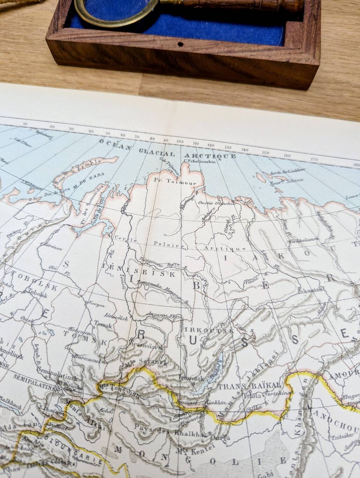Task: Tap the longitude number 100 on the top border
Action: coord(180,142)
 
